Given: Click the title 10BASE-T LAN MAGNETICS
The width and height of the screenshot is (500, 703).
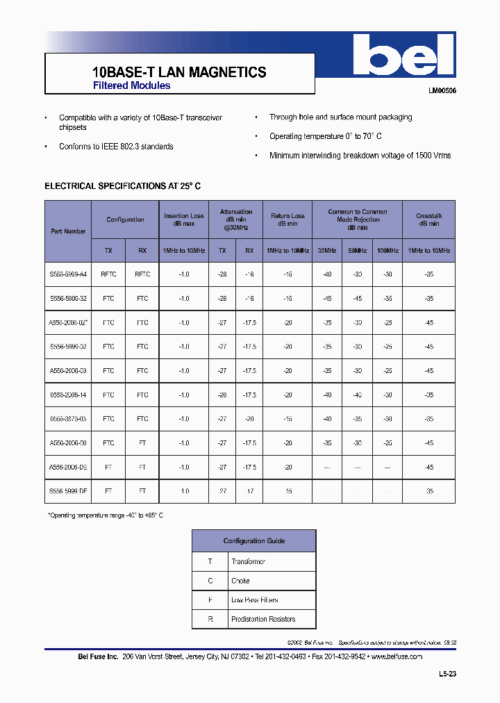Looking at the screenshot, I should pyautogui.click(x=179, y=72).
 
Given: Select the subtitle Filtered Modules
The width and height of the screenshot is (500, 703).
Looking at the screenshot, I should pyautogui.click(x=132, y=86).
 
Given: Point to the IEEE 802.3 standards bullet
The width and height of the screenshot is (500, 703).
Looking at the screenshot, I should pyautogui.click(x=116, y=147).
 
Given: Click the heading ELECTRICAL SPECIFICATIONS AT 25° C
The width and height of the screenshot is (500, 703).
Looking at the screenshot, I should pyautogui.click(x=122, y=186).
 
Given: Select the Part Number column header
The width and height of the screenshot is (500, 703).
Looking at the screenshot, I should pyautogui.click(x=68, y=231).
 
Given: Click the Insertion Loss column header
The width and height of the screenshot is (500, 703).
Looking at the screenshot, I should pyautogui.click(x=183, y=220).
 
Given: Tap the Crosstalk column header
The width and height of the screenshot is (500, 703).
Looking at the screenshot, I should pyautogui.click(x=428, y=220).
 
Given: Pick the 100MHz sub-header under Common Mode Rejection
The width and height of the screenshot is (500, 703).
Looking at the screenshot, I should pyautogui.click(x=387, y=250).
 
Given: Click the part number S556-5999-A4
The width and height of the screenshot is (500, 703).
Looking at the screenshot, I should pyautogui.click(x=68, y=274).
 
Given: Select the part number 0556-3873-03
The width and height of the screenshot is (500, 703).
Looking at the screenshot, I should pyautogui.click(x=68, y=419).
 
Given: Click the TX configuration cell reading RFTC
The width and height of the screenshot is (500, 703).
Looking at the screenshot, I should pyautogui.click(x=108, y=274).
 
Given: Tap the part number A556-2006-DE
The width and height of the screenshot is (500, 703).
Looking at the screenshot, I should pyautogui.click(x=68, y=467).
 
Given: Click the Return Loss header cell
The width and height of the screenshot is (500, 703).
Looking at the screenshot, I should pyautogui.click(x=287, y=220).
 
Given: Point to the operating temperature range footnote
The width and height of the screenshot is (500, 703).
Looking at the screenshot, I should pyautogui.click(x=105, y=515).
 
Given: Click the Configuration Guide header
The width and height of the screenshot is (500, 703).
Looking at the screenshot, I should pyautogui.click(x=253, y=540).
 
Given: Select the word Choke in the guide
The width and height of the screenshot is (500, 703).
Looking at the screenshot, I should pyautogui.click(x=240, y=581).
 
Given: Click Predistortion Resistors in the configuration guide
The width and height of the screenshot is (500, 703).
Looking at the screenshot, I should pyautogui.click(x=263, y=619).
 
